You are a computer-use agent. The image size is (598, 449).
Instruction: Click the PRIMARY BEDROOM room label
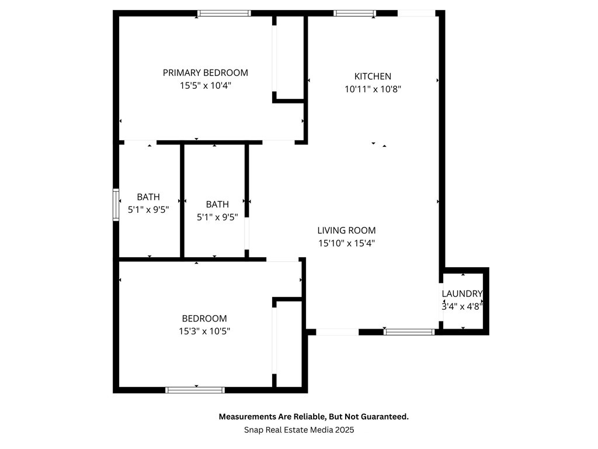click(205, 73)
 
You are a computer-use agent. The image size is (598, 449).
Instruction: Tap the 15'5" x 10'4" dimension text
click(205, 85)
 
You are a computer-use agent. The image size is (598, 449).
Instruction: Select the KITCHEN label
click(373, 77)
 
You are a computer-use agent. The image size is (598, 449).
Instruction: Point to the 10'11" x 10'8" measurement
click(373, 89)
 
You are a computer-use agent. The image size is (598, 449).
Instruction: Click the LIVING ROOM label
click(346, 231)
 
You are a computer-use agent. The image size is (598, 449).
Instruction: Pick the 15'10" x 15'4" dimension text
click(346, 243)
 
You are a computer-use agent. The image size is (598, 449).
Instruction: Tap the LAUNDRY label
click(462, 293)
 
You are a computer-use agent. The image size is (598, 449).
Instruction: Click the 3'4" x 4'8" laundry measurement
click(462, 306)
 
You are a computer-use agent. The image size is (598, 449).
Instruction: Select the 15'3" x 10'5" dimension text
click(204, 331)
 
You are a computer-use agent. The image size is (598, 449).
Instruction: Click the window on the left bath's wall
click(116, 205)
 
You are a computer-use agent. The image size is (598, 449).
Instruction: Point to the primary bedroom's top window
click(224, 13)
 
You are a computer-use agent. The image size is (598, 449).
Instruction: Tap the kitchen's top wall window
click(354, 13)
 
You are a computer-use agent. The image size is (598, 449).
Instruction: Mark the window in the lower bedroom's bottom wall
click(195, 390)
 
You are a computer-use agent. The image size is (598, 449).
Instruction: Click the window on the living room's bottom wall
click(409, 332)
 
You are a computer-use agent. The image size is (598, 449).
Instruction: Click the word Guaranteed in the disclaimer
click(384, 417)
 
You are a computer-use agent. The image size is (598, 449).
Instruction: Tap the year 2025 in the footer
click(345, 430)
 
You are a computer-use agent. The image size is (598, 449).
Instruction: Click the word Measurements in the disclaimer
click(246, 417)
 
